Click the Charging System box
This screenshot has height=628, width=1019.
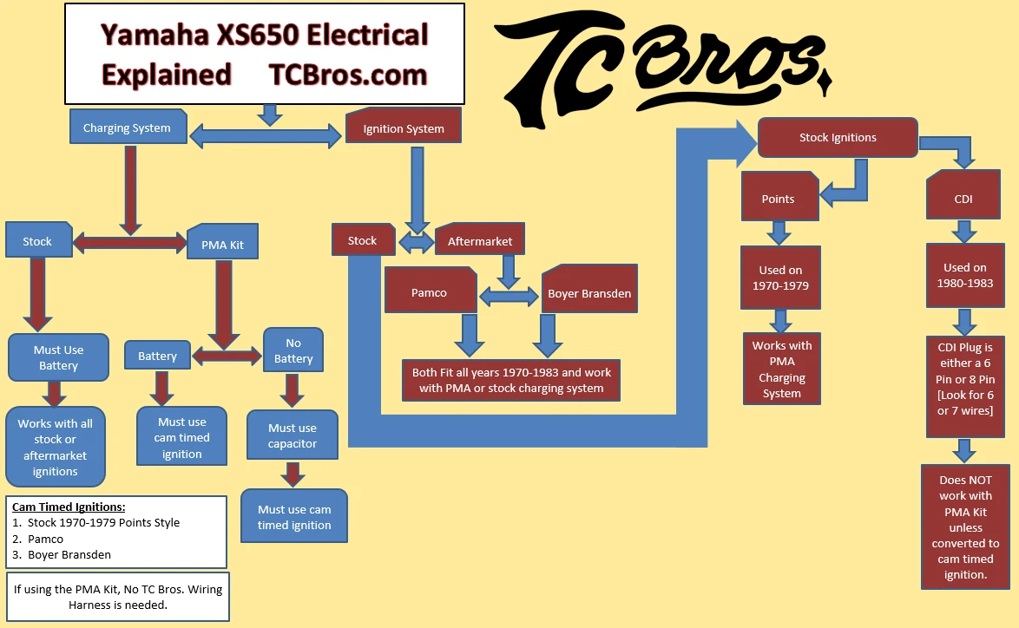coord(127,128)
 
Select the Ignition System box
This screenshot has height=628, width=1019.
coord(403,128)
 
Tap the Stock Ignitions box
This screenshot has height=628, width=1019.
coord(838,137)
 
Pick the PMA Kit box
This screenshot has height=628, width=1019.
coord(222,244)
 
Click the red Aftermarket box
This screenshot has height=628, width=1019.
coord(480,241)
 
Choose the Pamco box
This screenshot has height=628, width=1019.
coord(430,292)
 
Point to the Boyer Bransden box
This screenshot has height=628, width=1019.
coord(589,293)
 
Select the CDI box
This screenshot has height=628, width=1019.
coord(963,199)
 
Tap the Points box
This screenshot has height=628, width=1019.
coord(778,199)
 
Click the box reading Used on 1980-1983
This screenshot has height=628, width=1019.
coord(965,276)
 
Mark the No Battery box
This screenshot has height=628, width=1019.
coord(293,350)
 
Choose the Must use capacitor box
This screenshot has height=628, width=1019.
coord(293,435)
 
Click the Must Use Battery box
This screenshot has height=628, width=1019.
coord(59,357)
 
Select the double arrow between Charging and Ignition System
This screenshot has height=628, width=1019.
coord(266,134)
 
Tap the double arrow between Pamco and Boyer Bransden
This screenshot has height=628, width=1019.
coord(509,297)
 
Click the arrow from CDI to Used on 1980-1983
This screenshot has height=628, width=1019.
coord(964,232)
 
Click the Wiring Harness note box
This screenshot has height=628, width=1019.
coord(117,597)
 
